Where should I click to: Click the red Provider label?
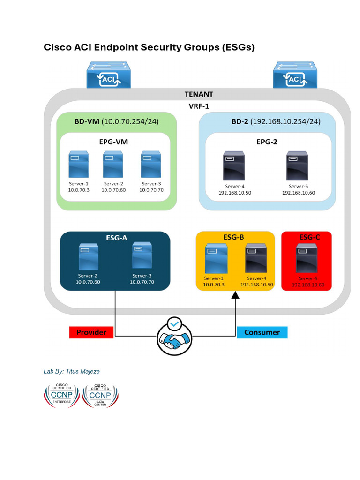[92, 332]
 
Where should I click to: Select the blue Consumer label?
[262, 332]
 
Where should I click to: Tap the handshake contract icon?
[174, 335]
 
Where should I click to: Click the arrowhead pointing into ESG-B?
[235, 295]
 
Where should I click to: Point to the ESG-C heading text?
[309, 237]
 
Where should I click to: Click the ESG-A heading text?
[115, 237]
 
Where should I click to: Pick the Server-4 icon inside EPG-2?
[234, 165]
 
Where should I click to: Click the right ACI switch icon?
[295, 75]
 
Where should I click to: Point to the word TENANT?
[199, 94]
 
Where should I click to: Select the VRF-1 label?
[199, 106]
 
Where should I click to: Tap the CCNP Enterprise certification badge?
[62, 395]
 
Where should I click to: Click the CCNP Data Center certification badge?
[100, 395]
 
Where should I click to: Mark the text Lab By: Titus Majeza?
[71, 371]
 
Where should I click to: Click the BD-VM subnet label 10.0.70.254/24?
[130, 121]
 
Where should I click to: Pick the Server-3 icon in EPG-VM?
[151, 164]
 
